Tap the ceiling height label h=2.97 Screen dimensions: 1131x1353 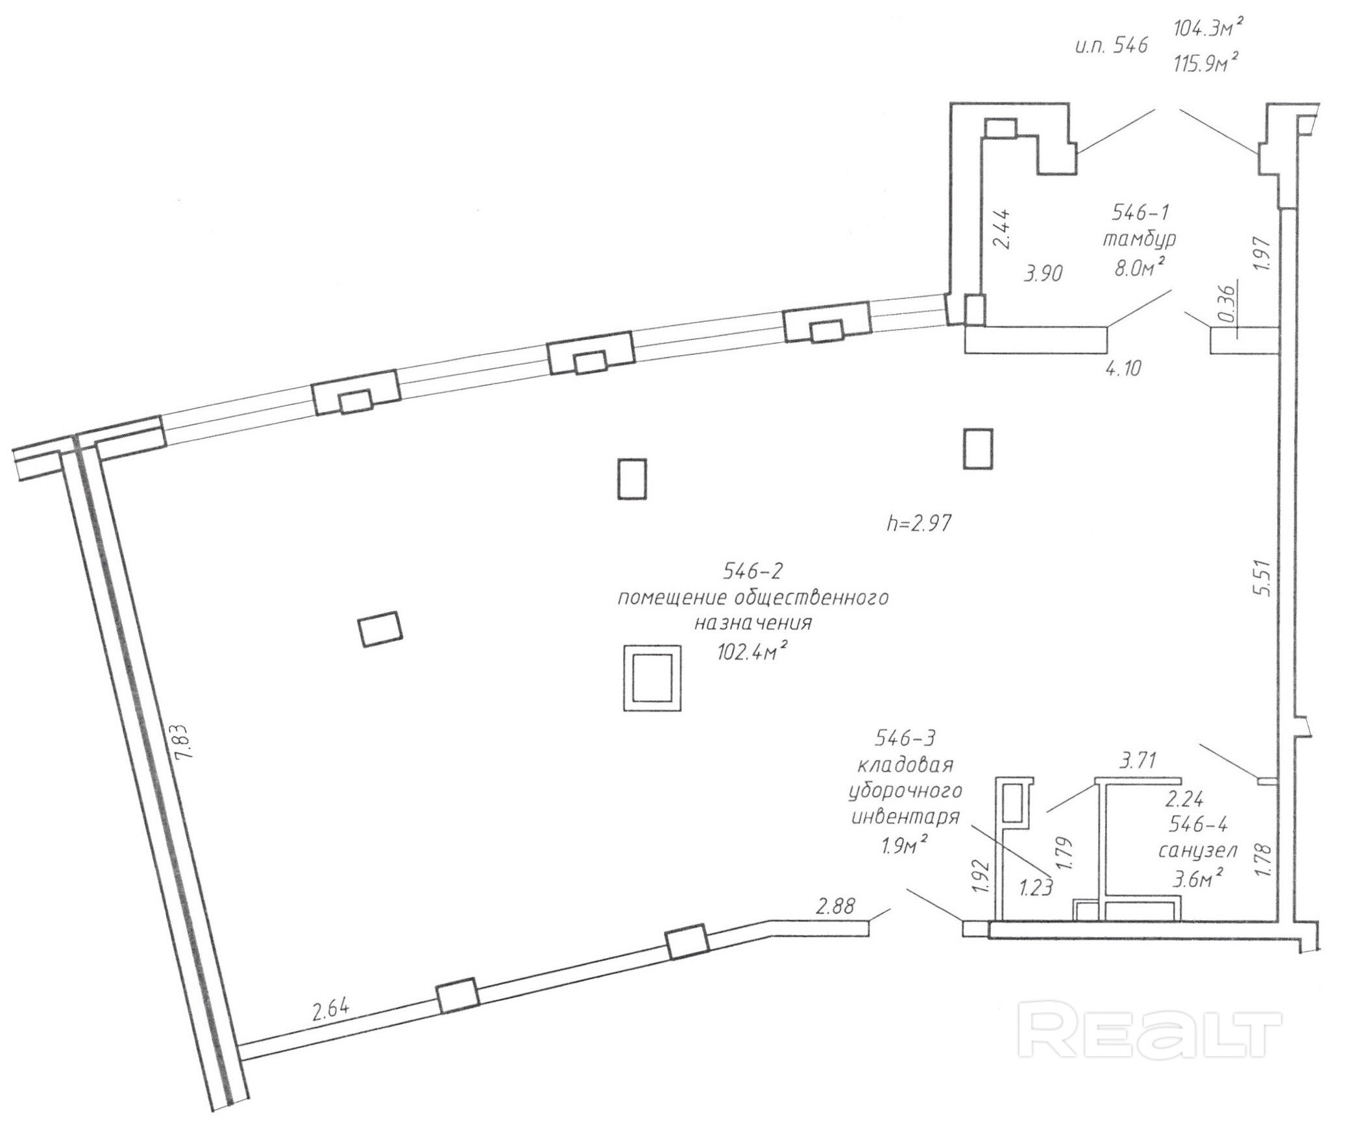pyautogui.click(x=919, y=523)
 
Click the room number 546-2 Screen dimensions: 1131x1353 pyautogui.click(x=753, y=571)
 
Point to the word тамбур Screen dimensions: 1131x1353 pyautogui.click(x=1140, y=239)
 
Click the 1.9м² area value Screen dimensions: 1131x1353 pyautogui.click(x=903, y=845)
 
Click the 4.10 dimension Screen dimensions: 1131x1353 pyautogui.click(x=1123, y=369)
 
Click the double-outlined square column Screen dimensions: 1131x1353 pyautogui.click(x=652, y=677)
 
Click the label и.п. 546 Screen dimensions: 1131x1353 pyautogui.click(x=1111, y=45)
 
